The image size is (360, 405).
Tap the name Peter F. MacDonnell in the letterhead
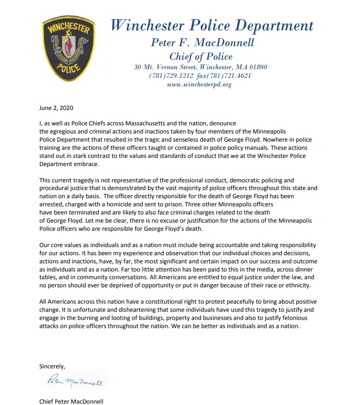202,43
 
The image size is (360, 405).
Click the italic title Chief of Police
201,57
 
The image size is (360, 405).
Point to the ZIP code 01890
257,67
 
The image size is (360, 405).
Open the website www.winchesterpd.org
199,84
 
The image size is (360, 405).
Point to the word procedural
54,188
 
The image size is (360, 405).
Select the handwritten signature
75,382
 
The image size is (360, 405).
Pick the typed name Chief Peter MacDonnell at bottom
71,401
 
